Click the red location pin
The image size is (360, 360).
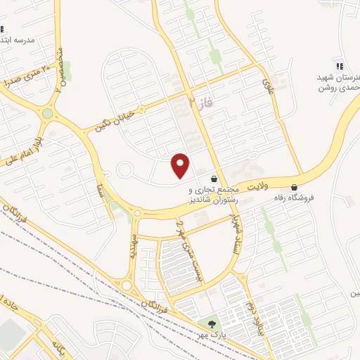click(x=181, y=165)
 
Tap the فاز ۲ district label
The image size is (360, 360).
click(x=200, y=104)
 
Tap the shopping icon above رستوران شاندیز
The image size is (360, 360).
click(x=214, y=179)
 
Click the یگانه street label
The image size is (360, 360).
click(x=59, y=347)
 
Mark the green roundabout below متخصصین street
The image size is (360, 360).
click(x=47, y=113)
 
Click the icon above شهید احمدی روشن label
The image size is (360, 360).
click(x=340, y=65)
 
